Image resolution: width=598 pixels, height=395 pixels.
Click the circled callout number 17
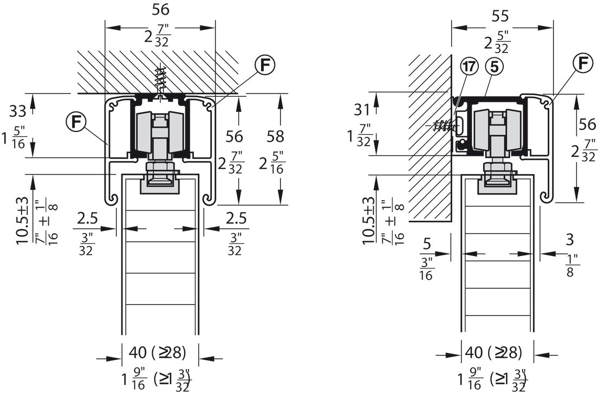click(469, 66)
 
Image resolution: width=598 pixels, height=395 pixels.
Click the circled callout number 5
click(494, 67)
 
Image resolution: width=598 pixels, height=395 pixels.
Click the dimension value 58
click(275, 137)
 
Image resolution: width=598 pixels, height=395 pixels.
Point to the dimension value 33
click(17, 111)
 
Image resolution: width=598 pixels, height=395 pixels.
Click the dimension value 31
click(361, 110)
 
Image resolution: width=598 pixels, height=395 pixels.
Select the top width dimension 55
click(500, 16)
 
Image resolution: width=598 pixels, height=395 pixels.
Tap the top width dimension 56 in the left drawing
click(160, 10)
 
